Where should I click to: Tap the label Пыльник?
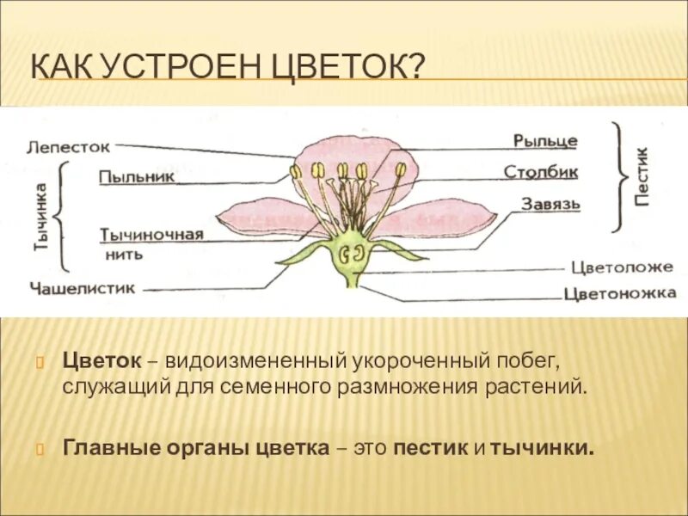coord(137,176)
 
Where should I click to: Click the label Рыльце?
coord(545,140)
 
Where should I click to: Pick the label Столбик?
coord(541,172)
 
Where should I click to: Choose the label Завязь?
coord(550,205)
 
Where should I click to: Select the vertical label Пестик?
coord(642,175)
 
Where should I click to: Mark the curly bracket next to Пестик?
coord(619,176)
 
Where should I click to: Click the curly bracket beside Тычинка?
coord(62,215)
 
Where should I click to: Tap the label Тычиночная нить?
coord(151,243)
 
